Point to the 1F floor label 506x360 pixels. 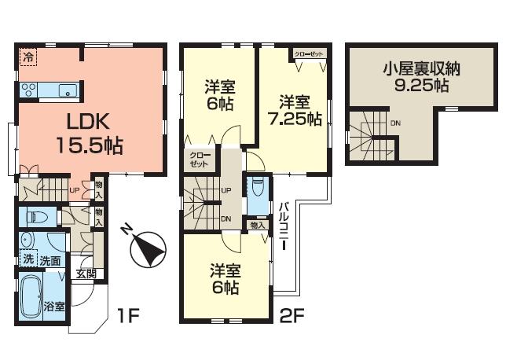[x=130, y=317]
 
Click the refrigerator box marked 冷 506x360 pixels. [x=28, y=57]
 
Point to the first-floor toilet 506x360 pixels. [x=35, y=216]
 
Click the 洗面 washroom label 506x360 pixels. [x=50, y=260]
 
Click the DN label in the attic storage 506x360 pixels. [x=395, y=123]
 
